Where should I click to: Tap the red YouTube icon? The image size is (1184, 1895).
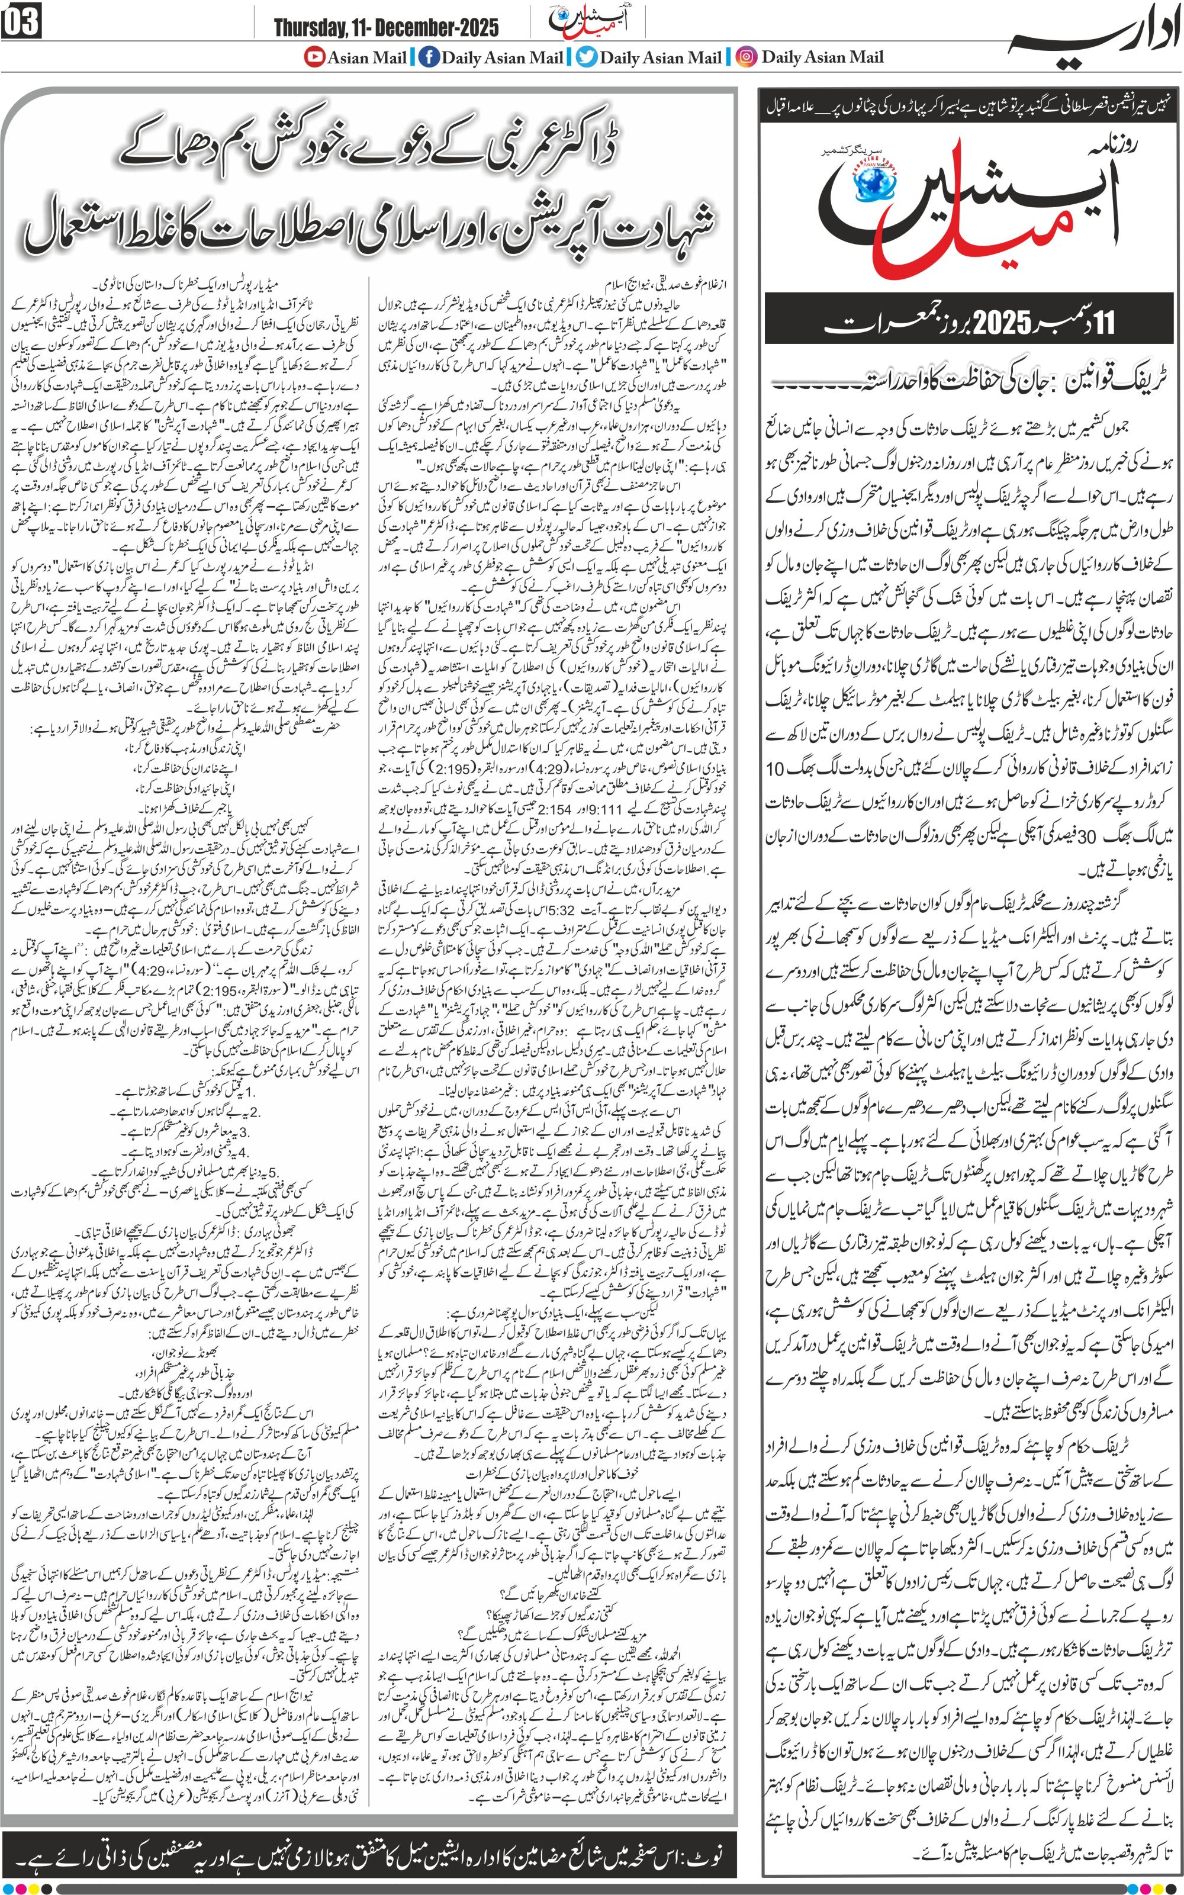315,57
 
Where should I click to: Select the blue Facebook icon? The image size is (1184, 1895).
429,57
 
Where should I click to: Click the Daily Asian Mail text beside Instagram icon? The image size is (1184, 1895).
822,57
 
